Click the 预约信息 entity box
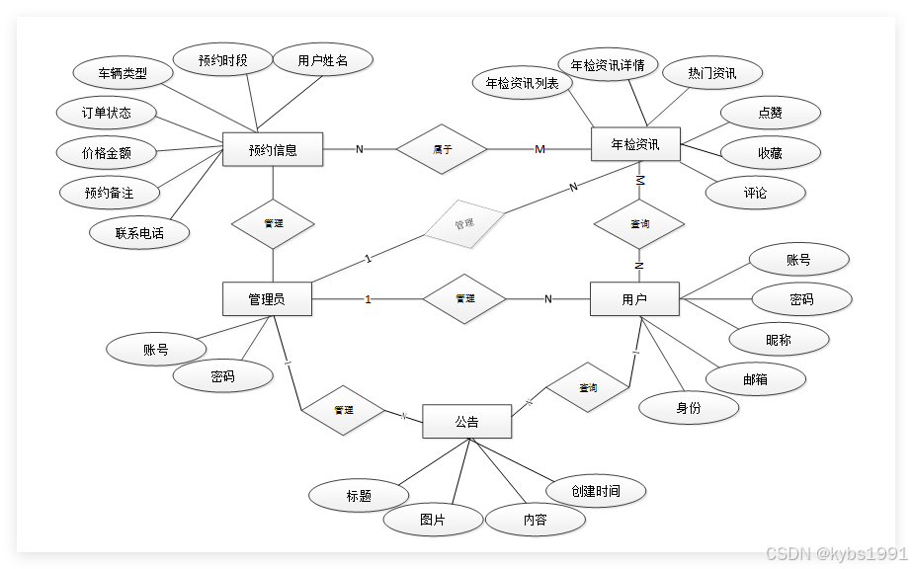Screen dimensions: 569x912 click(x=273, y=150)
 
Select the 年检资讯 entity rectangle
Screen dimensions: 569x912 click(x=634, y=144)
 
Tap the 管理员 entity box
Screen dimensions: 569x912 click(x=267, y=298)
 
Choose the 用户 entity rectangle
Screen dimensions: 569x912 click(x=634, y=298)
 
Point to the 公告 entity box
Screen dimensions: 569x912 click(x=466, y=422)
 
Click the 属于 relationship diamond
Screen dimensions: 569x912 click(x=442, y=149)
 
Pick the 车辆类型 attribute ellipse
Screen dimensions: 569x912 click(x=123, y=73)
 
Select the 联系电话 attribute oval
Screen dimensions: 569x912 click(x=139, y=233)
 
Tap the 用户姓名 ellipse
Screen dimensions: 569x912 click(x=322, y=60)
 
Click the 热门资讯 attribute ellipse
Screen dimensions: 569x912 click(x=711, y=73)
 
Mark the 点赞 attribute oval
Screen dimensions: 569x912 click(x=770, y=113)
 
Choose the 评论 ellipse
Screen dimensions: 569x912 click(x=755, y=193)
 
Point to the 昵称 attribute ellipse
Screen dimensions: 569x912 click(x=779, y=339)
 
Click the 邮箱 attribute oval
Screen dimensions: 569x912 click(x=755, y=378)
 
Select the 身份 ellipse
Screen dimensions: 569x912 click(x=689, y=407)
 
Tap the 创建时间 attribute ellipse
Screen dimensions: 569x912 click(x=596, y=491)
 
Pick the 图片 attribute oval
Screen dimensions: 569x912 click(x=433, y=520)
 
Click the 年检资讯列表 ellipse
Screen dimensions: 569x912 click(x=523, y=84)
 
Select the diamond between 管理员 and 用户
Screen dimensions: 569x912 click(x=464, y=298)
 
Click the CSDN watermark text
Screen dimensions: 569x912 click(x=835, y=553)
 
